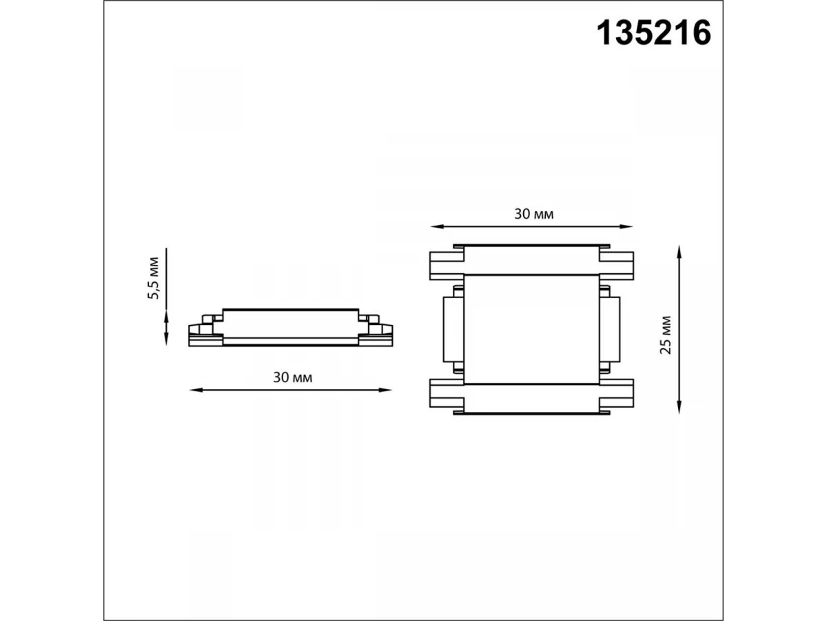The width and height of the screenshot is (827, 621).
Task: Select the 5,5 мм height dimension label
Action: tap(154, 278)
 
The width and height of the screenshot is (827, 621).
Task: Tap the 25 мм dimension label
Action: tap(666, 335)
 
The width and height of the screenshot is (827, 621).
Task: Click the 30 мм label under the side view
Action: tap(293, 377)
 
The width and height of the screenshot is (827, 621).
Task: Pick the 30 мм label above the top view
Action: tap(534, 214)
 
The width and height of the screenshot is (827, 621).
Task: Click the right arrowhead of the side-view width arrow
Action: tap(385, 390)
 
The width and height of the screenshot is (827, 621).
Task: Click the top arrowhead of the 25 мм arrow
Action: tap(679, 252)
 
